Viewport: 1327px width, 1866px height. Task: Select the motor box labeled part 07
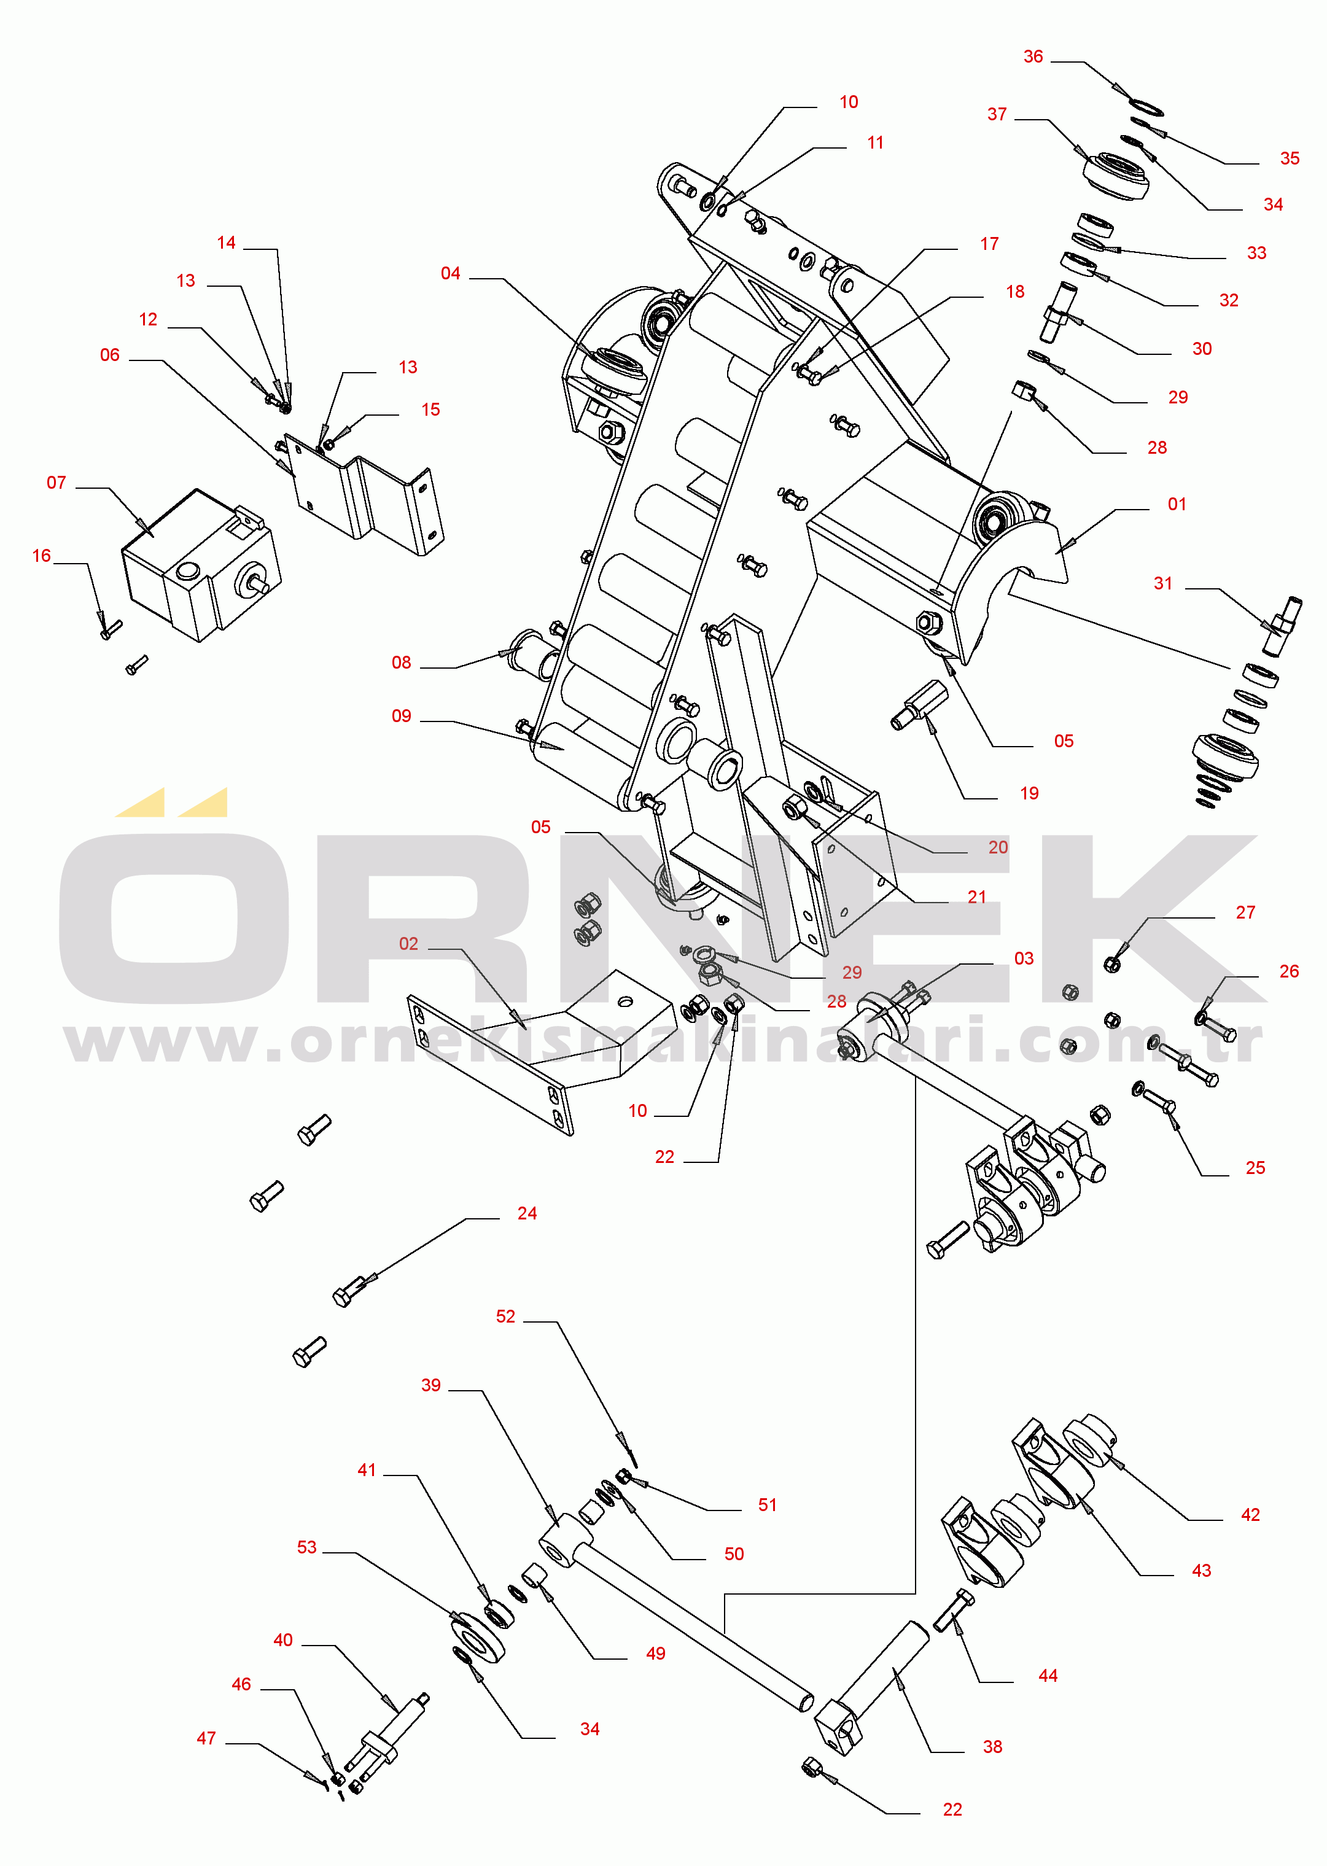[x=201, y=566]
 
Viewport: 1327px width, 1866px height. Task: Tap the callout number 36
[x=1033, y=56]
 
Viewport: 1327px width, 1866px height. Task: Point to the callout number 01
[x=1177, y=504]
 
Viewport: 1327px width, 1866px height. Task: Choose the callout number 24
[x=527, y=1213]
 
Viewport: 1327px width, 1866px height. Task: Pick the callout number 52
[x=506, y=1316]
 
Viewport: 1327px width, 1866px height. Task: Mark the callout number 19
[x=1030, y=793]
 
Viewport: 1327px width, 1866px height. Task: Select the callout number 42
[x=1250, y=1514]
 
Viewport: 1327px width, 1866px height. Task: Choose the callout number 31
[x=1163, y=583]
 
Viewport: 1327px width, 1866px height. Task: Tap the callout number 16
[x=42, y=556]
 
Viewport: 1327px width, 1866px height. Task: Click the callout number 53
[x=306, y=1547]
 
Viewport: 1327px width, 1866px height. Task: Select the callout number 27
[x=1245, y=912]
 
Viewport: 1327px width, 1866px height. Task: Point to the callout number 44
[x=1048, y=1675]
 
